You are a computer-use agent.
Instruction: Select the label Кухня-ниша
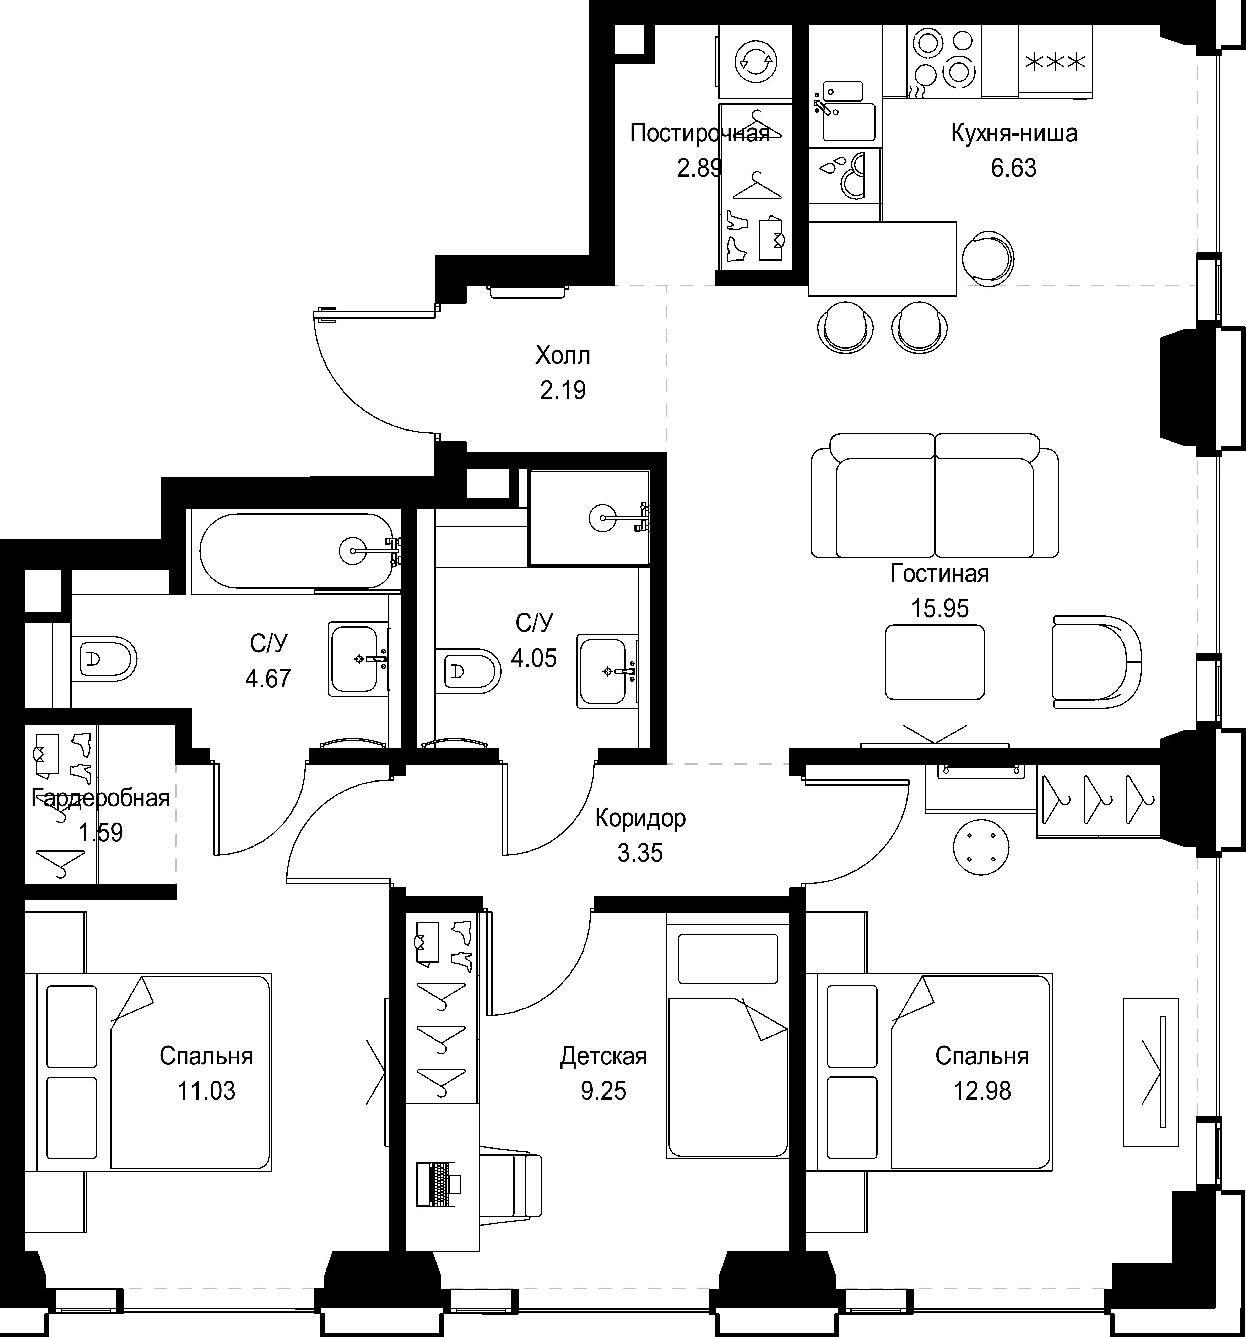click(1014, 133)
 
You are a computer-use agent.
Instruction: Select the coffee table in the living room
click(934, 662)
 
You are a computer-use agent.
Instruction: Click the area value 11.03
click(207, 1090)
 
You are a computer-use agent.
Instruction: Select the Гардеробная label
click(101, 798)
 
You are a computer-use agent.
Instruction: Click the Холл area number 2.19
click(563, 390)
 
